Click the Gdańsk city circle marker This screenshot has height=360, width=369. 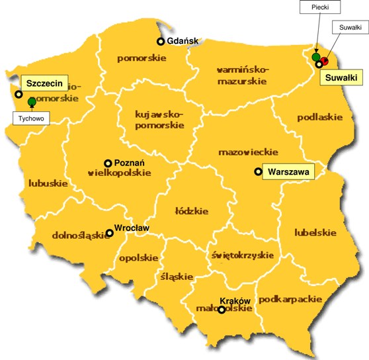(x=160, y=42)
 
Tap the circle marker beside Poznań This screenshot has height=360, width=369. (x=108, y=163)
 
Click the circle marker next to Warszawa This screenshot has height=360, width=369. (x=259, y=172)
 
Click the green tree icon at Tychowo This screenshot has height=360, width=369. (x=32, y=101)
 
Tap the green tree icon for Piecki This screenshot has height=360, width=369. (x=316, y=57)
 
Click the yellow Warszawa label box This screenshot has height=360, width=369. (x=289, y=171)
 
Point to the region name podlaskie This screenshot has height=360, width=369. (x=319, y=117)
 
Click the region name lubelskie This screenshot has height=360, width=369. (x=315, y=232)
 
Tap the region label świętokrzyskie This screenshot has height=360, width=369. (x=243, y=254)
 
